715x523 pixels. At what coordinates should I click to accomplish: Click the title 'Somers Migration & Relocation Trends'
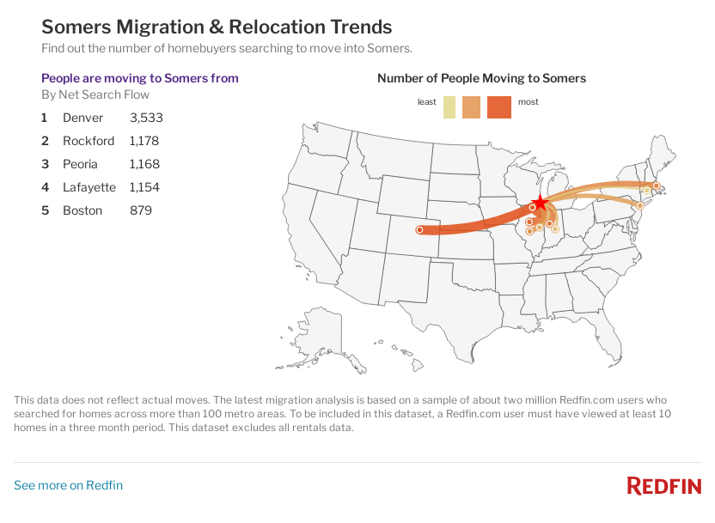[217, 27]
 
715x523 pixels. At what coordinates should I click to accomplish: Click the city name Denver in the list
[82, 118]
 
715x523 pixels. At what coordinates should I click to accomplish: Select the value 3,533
[146, 118]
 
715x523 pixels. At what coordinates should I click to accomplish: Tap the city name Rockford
[88, 141]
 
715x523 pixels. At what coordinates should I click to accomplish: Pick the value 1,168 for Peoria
[144, 164]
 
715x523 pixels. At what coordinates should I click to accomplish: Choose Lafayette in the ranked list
[88, 187]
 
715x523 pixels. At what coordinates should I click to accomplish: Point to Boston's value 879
[140, 210]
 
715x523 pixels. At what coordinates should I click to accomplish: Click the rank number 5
[45, 210]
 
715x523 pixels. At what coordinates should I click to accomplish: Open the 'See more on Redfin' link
[68, 485]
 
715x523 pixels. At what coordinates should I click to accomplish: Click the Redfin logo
[663, 486]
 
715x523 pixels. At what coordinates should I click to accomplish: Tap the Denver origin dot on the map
[419, 230]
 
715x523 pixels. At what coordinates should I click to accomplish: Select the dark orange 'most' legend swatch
[498, 107]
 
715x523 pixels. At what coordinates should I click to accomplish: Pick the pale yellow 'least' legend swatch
[449, 107]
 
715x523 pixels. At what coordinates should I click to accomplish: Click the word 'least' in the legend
[427, 102]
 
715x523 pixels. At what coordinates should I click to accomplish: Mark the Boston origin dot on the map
[656, 185]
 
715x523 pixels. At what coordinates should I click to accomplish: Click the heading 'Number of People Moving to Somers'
[481, 78]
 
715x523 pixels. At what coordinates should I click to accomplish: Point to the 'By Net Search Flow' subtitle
[95, 94]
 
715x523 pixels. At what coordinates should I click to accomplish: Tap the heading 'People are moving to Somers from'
[140, 78]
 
